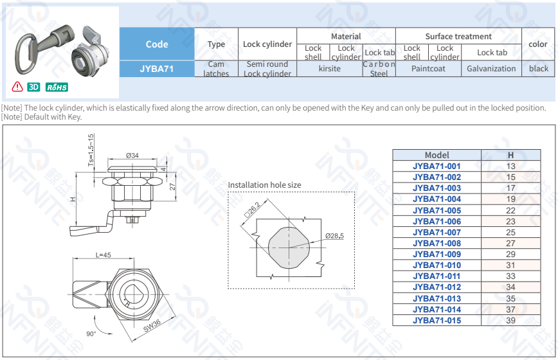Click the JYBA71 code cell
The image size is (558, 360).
157,68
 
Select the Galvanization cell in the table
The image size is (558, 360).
491,69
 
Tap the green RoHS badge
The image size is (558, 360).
57,87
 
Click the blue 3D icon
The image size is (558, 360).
34,87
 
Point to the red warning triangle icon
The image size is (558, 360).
17,87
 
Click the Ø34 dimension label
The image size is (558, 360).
133,155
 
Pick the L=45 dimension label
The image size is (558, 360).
103,255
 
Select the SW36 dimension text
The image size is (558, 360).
152,328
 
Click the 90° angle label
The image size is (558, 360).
92,334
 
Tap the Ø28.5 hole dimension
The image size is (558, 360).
334,236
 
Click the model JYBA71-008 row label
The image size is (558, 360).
437,244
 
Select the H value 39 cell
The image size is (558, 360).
510,320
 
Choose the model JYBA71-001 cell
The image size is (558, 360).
437,166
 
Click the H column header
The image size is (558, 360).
510,155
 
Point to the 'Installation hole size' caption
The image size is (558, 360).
264,185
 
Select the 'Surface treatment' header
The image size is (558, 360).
458,37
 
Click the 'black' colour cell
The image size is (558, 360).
538,69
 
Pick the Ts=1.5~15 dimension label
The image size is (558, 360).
91,150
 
